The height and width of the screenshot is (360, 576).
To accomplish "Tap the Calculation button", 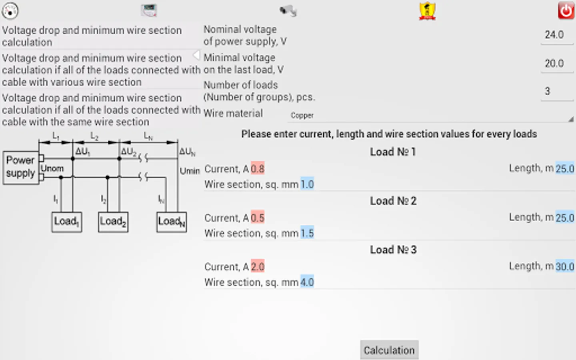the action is (389, 350).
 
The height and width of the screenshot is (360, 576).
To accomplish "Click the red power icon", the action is (566, 10).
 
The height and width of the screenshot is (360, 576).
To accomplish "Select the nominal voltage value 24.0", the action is (554, 35).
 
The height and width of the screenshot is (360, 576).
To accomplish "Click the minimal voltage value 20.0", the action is (554, 63).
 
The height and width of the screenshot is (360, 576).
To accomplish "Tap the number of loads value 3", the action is (548, 91).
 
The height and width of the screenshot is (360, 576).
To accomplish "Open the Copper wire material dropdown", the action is (430, 116).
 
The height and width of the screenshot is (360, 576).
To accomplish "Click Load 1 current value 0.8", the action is (258, 169).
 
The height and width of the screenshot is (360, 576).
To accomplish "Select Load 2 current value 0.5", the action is (258, 218).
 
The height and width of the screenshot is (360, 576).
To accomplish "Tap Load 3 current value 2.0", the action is (258, 266).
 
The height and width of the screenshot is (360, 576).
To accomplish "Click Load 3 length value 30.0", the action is (565, 266).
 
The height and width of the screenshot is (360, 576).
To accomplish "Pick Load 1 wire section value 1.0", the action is (307, 184).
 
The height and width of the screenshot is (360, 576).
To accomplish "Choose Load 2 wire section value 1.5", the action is (307, 233).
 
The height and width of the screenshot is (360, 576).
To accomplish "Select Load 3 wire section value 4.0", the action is (307, 282).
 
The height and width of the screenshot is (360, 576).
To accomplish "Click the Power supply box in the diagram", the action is (21, 167).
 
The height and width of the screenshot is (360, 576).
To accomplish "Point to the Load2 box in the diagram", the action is (113, 222).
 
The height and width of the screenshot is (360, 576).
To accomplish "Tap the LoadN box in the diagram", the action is (172, 222).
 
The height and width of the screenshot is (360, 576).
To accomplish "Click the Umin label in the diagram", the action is (190, 171).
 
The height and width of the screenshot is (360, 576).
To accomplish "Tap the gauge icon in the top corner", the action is (10, 10).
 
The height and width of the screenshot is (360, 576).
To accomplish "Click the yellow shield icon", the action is (427, 11).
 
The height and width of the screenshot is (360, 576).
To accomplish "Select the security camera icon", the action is (288, 11).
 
